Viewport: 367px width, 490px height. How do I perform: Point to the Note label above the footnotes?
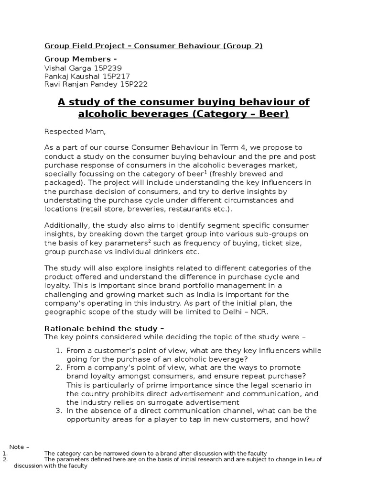(x=19, y=447)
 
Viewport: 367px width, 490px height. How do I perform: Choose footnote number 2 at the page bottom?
(x=4, y=459)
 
